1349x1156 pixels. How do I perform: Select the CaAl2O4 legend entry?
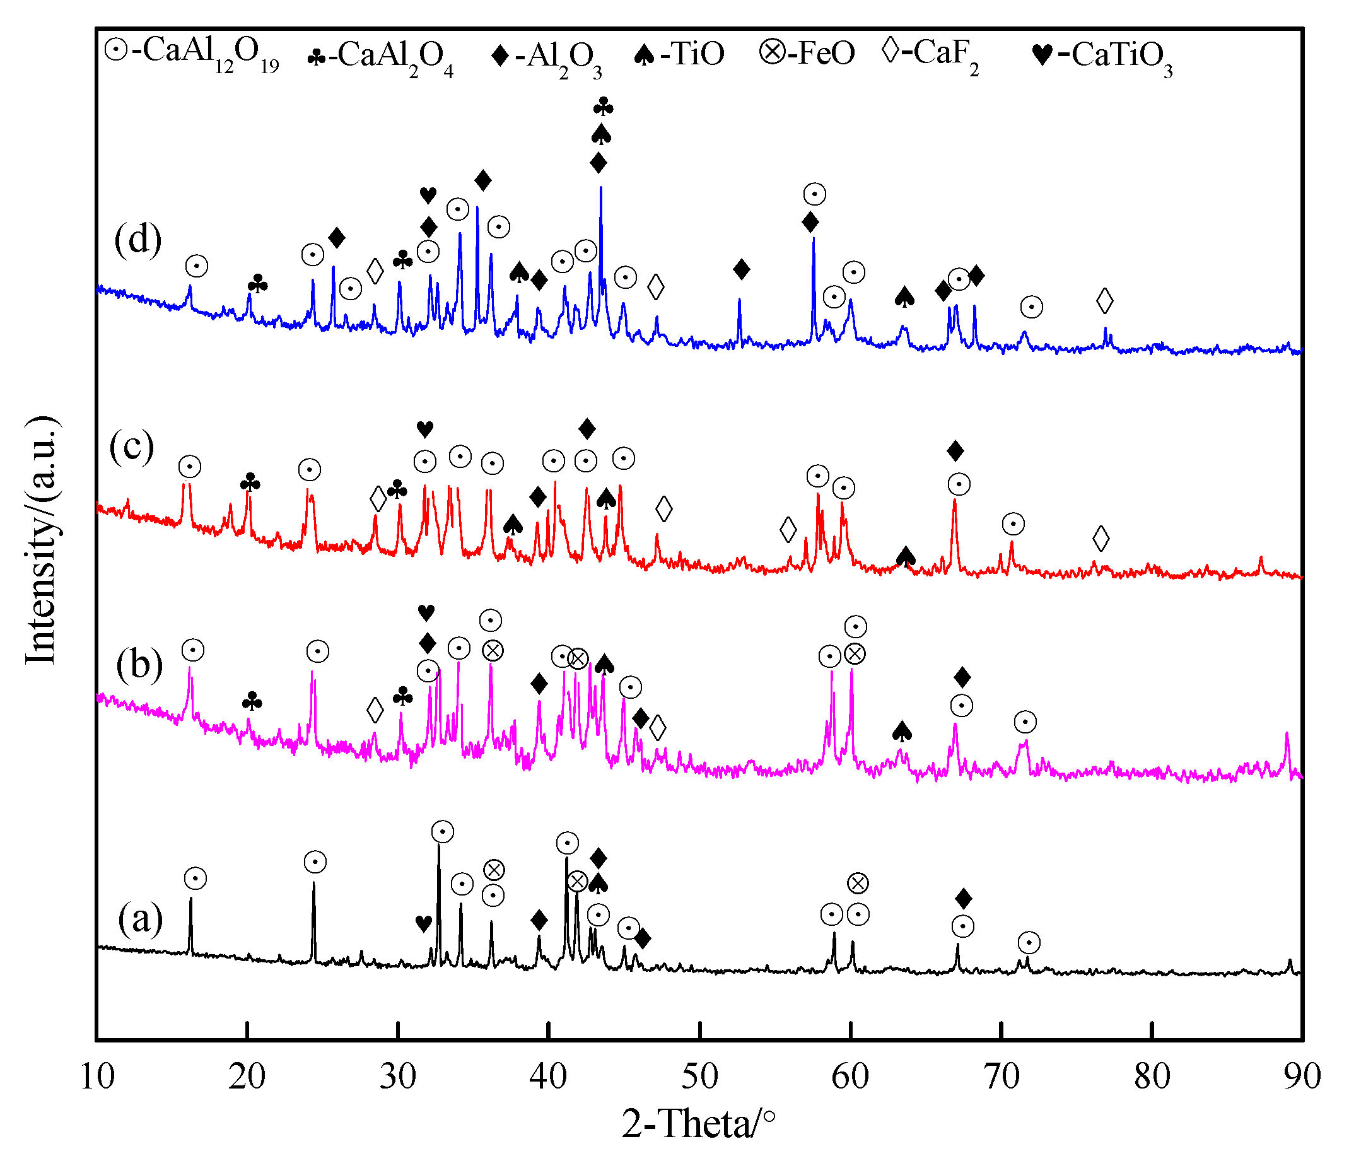click(x=380, y=57)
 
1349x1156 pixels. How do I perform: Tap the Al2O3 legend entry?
click(x=547, y=57)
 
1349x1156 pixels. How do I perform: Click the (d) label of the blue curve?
click(x=137, y=240)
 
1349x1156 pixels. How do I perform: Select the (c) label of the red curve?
click(x=132, y=447)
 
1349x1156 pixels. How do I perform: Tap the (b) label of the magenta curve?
click(x=139, y=665)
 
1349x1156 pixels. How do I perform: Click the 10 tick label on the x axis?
click(x=97, y=1076)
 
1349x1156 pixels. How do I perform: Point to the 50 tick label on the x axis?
click(x=700, y=1076)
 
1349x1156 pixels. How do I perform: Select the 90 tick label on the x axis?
click(x=1302, y=1076)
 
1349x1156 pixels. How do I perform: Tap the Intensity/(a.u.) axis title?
click(x=42, y=540)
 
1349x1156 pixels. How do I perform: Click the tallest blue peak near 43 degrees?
click(x=600, y=189)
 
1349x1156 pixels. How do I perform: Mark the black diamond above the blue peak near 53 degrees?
click(x=741, y=269)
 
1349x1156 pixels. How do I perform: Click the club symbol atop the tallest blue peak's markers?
click(x=604, y=107)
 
